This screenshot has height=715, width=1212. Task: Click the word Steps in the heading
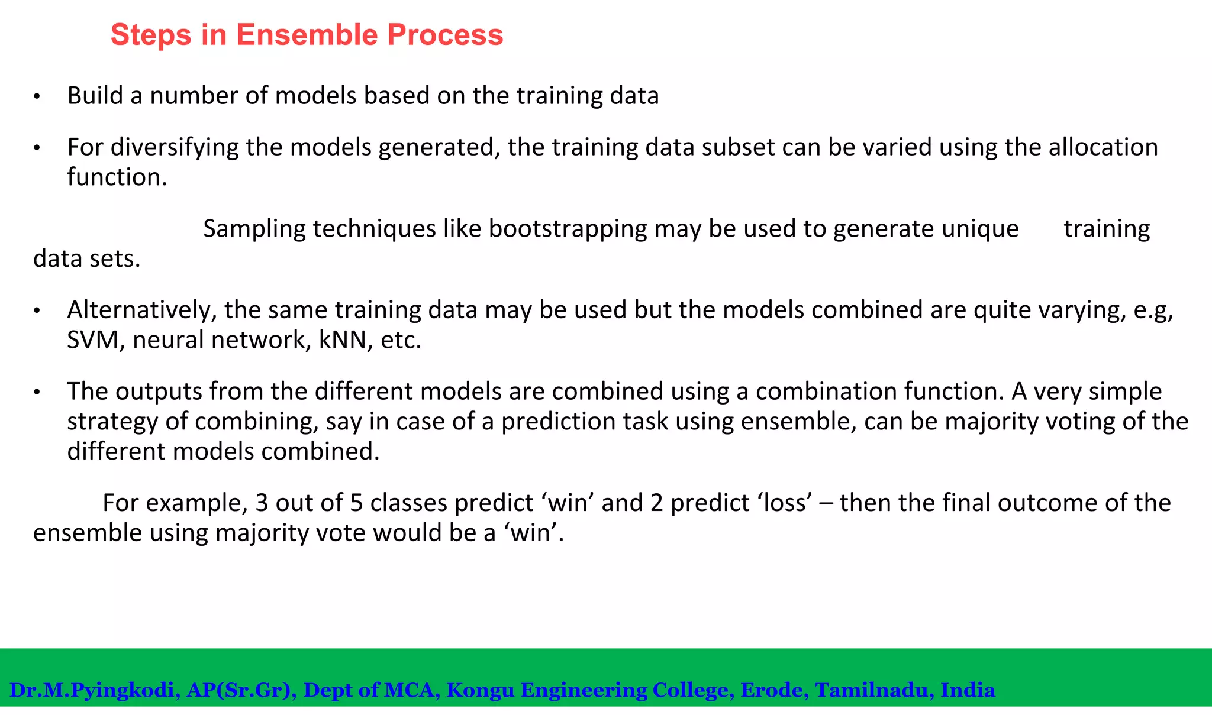pos(151,35)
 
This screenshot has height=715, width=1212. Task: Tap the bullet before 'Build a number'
pos(37,97)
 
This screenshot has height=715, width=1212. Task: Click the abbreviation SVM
pos(92,340)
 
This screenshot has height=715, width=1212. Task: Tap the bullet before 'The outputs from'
pos(37,393)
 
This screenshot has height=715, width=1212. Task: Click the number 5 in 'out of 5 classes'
pos(356,503)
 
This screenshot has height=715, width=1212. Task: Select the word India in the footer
pos(968,690)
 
